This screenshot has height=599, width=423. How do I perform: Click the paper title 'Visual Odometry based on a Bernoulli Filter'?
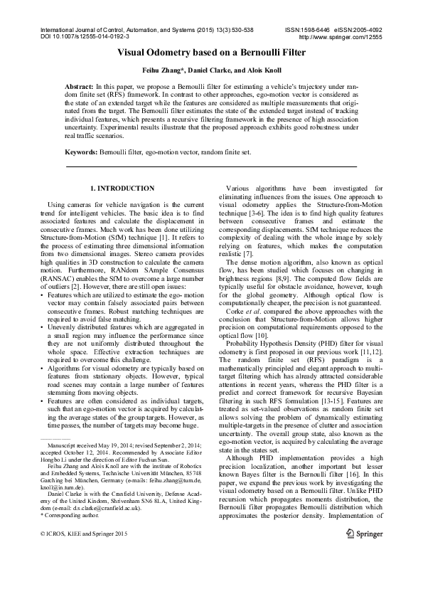211,53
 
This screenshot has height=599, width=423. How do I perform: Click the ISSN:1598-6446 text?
309,29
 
